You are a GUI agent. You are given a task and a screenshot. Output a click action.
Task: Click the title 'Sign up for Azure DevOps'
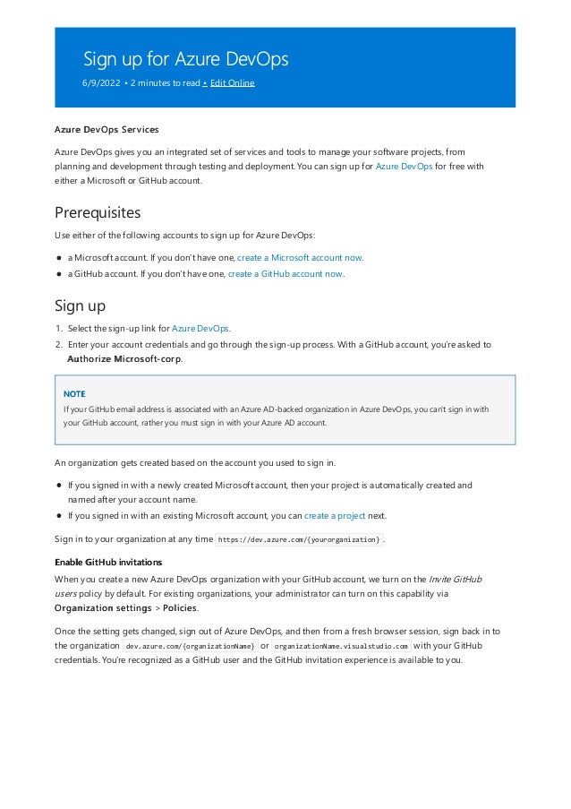pos(185,60)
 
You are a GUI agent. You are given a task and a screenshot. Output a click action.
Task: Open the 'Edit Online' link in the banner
pos(232,83)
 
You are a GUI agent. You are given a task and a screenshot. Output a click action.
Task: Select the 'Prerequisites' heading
pos(98,213)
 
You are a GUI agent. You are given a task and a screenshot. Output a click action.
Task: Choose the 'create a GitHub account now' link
pos(285,274)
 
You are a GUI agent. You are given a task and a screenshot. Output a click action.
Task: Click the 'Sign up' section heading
pos(81,306)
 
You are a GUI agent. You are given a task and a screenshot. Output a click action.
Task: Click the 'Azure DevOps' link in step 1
pos(200,329)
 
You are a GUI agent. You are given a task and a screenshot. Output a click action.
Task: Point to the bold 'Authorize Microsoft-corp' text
pos(124,359)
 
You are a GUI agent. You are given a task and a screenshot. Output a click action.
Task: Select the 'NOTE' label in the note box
pos(74,393)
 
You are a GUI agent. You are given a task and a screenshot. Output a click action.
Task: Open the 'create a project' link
pos(334,516)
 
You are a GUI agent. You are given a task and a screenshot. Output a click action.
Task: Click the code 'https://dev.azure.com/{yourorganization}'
pos(299,539)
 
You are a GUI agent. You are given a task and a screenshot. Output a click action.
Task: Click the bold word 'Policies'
pos(180,607)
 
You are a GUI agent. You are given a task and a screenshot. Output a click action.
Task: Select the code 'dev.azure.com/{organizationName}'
pos(190,646)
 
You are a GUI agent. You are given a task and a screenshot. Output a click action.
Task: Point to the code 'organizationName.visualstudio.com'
pos(341,646)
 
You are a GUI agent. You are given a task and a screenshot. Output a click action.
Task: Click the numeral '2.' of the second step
pos(59,344)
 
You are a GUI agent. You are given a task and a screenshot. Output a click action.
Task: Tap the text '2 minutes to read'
pos(165,83)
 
